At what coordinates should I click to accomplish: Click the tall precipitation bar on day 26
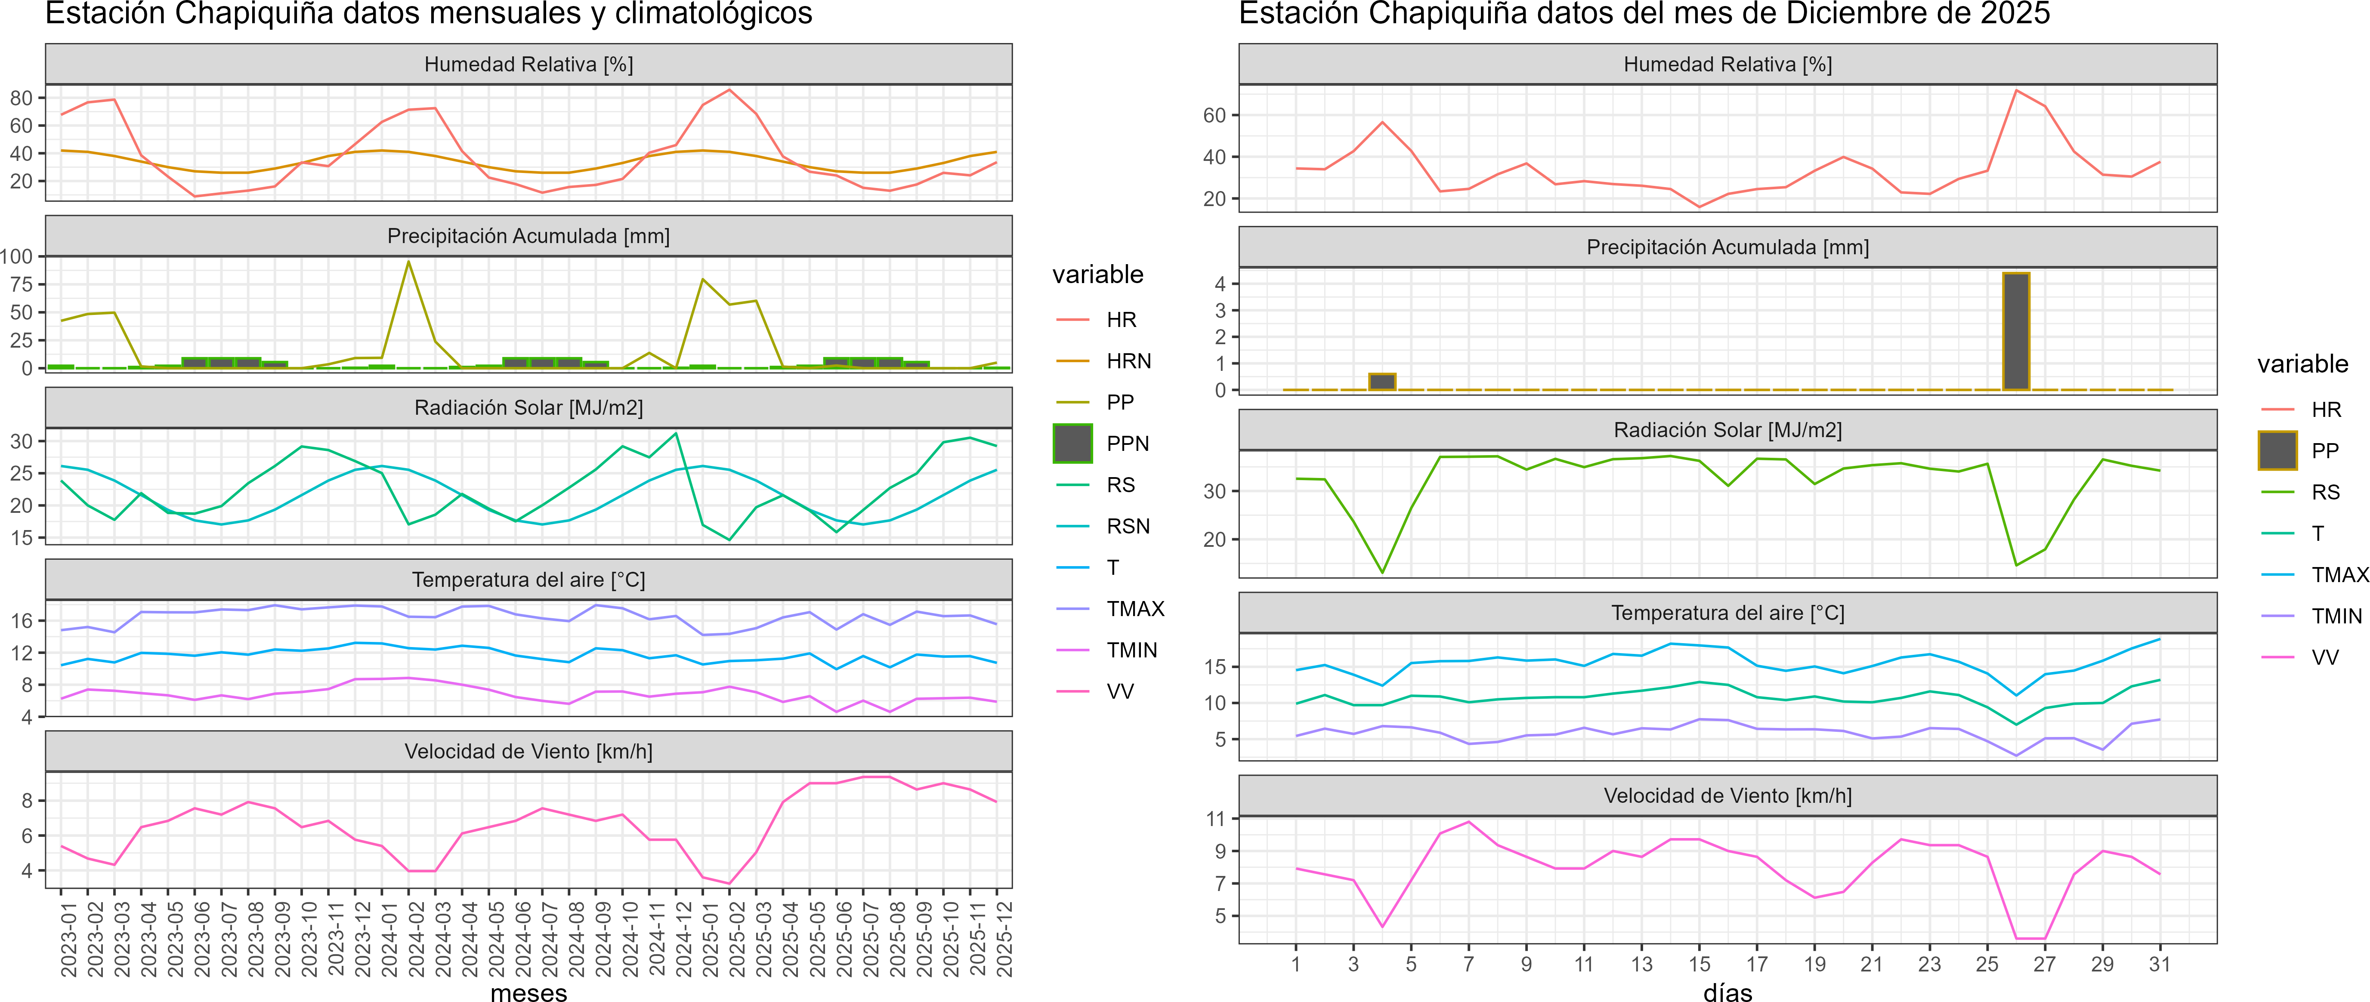[x=2016, y=331]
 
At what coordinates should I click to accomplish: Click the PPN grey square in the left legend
[x=1073, y=444]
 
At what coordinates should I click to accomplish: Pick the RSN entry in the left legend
[x=1128, y=526]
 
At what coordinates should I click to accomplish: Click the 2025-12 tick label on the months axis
[x=1004, y=938]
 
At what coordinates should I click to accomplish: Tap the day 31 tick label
[x=2159, y=964]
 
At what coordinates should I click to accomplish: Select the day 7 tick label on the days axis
[x=1468, y=964]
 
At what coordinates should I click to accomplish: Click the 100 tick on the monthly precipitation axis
[x=16, y=257]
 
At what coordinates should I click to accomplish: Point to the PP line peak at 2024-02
[x=408, y=262]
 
